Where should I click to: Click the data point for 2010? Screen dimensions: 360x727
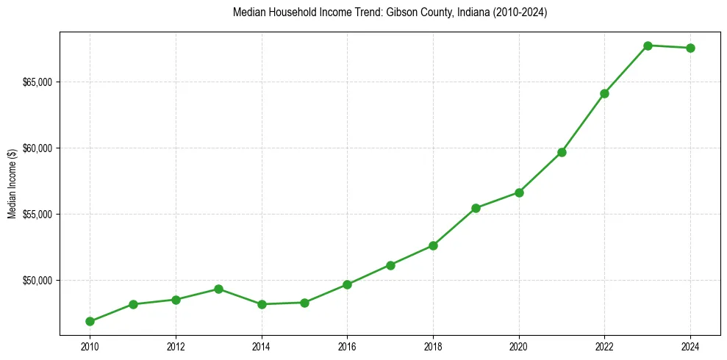(x=90, y=321)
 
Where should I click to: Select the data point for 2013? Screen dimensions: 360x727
(x=218, y=289)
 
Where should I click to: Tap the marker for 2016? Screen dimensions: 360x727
(x=347, y=284)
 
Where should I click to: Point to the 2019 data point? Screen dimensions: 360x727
(x=476, y=208)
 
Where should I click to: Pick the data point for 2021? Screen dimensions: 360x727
(x=562, y=152)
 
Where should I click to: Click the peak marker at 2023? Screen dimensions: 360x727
(x=648, y=46)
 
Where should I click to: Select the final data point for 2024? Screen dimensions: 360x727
(x=690, y=48)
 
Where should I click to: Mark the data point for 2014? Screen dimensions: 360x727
(x=262, y=304)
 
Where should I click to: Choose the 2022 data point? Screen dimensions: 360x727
(x=604, y=93)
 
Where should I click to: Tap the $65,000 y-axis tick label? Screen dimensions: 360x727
(x=37, y=82)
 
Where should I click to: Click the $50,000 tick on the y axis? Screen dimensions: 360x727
(x=37, y=280)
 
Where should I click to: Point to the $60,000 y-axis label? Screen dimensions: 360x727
(x=37, y=148)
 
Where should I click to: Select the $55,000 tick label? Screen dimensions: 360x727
(x=37, y=214)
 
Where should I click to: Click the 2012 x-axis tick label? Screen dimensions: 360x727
(x=176, y=346)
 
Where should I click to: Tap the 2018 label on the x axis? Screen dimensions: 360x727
(x=433, y=346)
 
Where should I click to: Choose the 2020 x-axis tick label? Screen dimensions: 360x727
(x=519, y=346)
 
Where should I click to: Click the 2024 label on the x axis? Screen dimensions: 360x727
(x=690, y=346)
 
